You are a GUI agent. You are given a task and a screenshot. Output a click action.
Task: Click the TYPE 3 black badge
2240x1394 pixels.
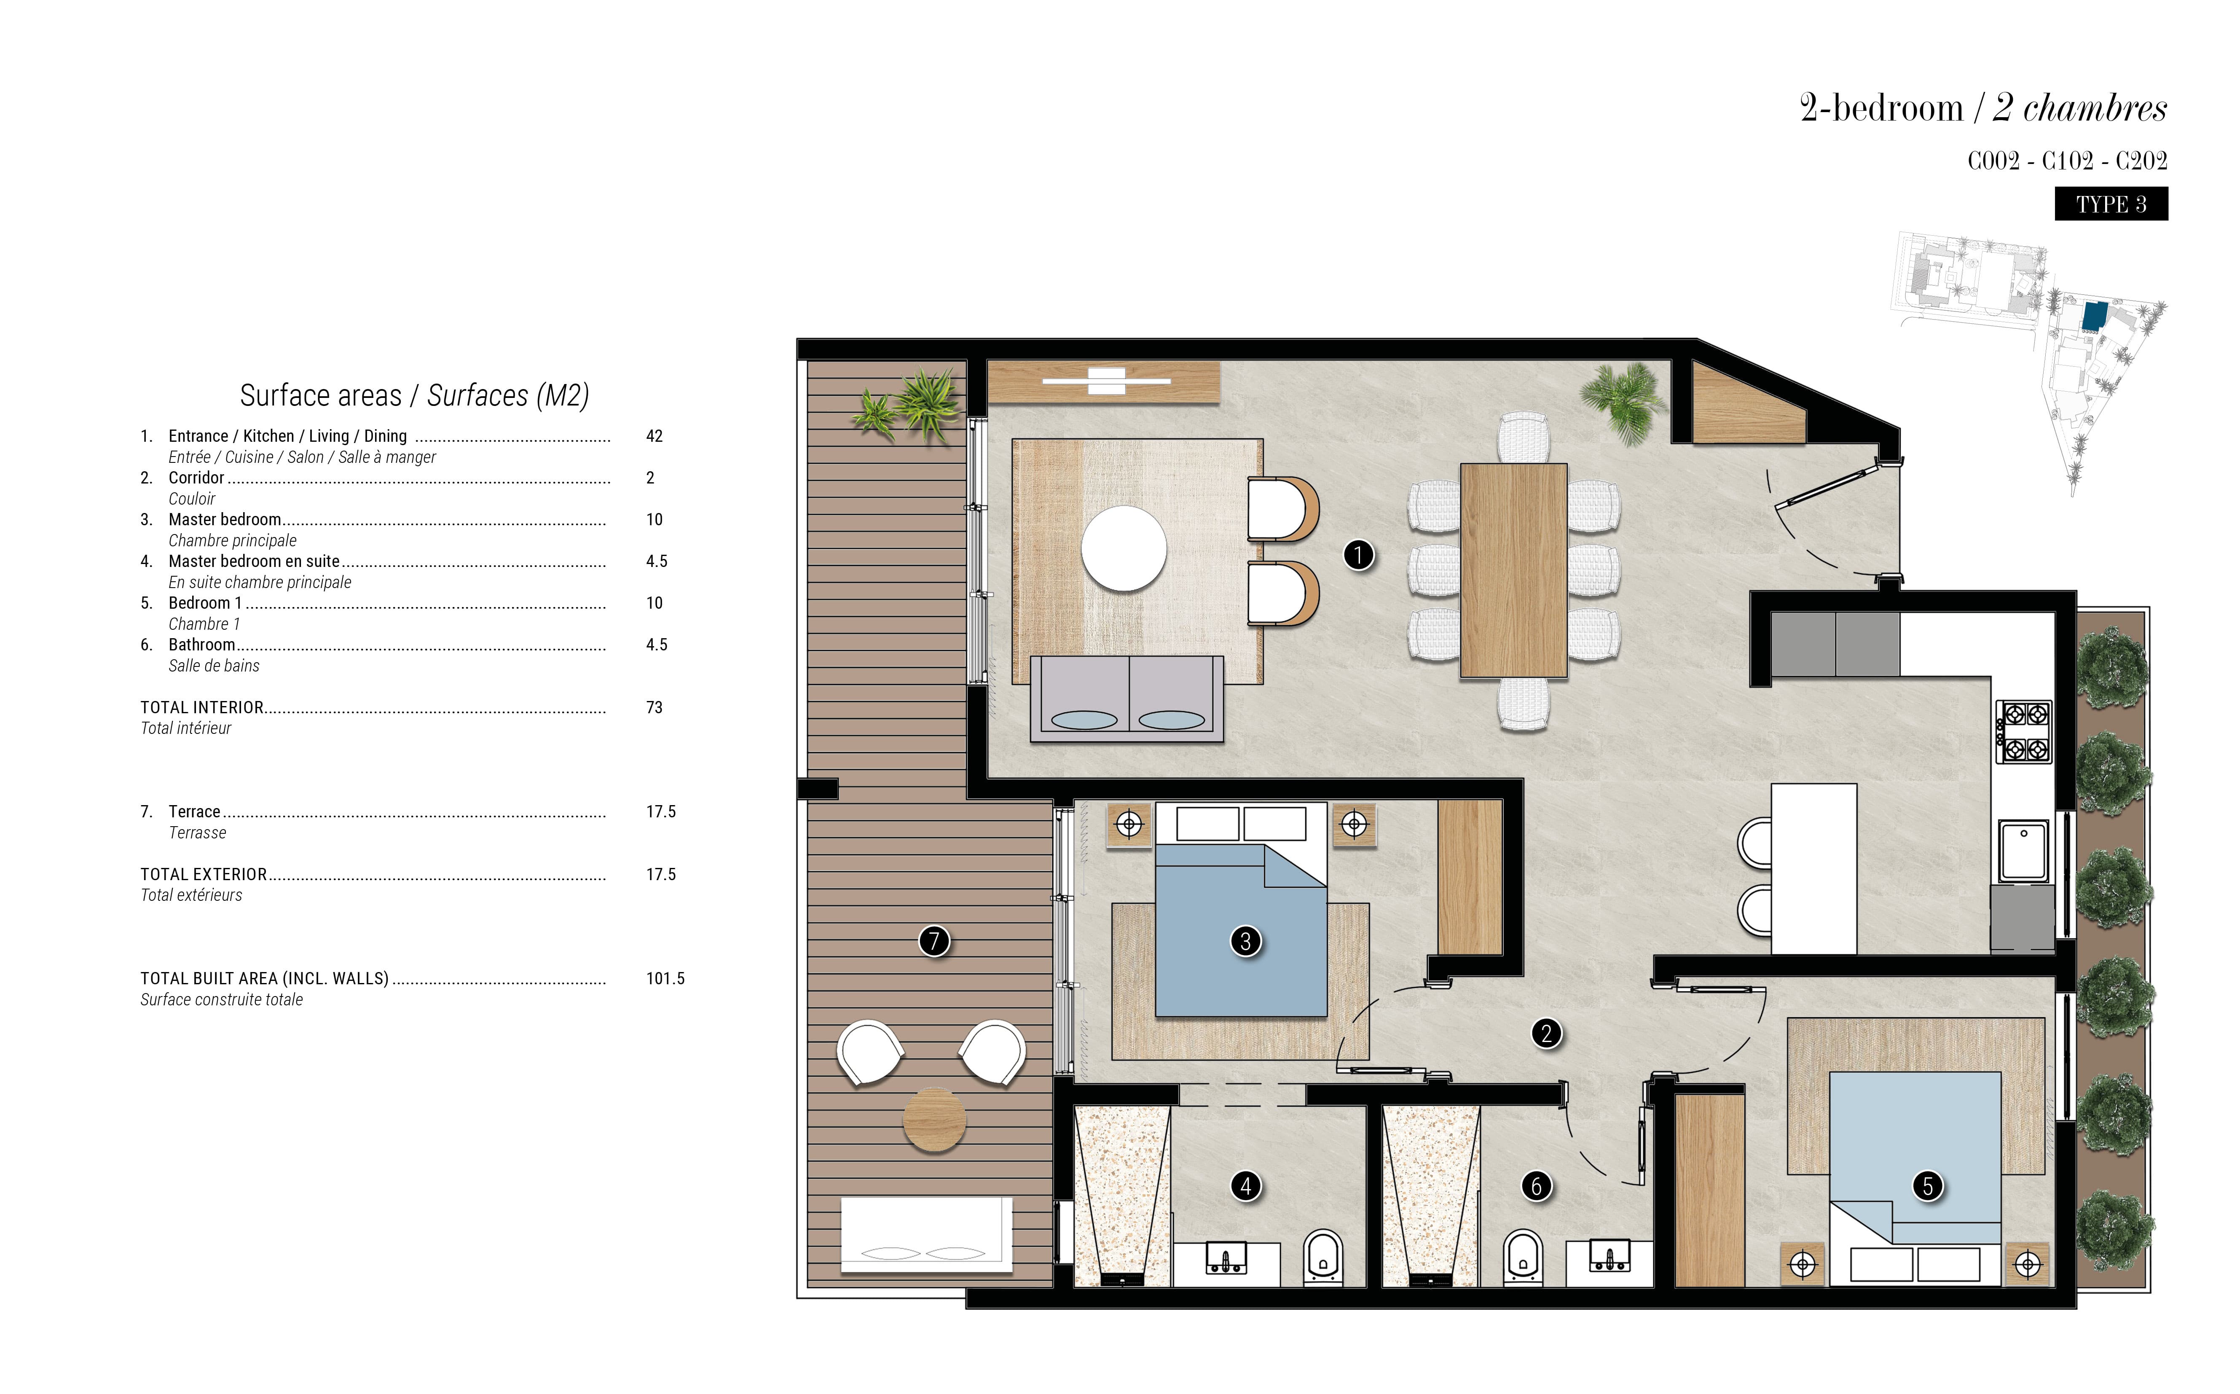pos(2111,204)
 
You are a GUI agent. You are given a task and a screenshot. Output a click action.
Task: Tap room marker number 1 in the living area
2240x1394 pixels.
pos(1358,555)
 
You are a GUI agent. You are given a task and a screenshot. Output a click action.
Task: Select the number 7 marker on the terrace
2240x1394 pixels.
pos(934,941)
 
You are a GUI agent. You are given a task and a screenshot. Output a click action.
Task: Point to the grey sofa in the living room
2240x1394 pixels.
pos(1127,698)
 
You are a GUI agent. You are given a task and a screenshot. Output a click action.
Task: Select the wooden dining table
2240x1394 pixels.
pos(1513,571)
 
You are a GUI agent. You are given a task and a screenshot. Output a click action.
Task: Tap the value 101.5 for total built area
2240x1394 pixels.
pos(665,978)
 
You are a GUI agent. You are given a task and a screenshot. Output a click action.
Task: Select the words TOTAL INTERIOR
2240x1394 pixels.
pos(202,707)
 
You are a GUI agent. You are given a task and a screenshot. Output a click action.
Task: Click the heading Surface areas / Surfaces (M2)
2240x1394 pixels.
pos(414,395)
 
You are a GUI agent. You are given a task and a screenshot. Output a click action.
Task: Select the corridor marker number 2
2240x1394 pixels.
pos(1547,1034)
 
